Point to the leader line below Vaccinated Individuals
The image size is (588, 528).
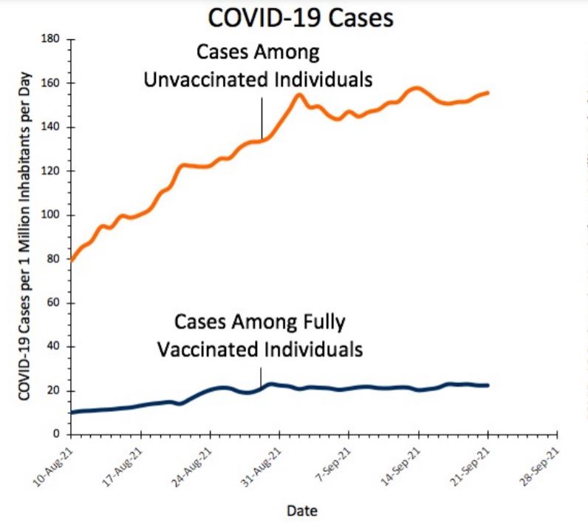(x=261, y=376)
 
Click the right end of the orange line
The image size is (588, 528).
(x=488, y=92)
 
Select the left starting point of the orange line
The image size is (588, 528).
(x=71, y=260)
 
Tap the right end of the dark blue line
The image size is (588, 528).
(x=488, y=385)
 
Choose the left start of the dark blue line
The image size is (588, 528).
(x=71, y=413)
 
